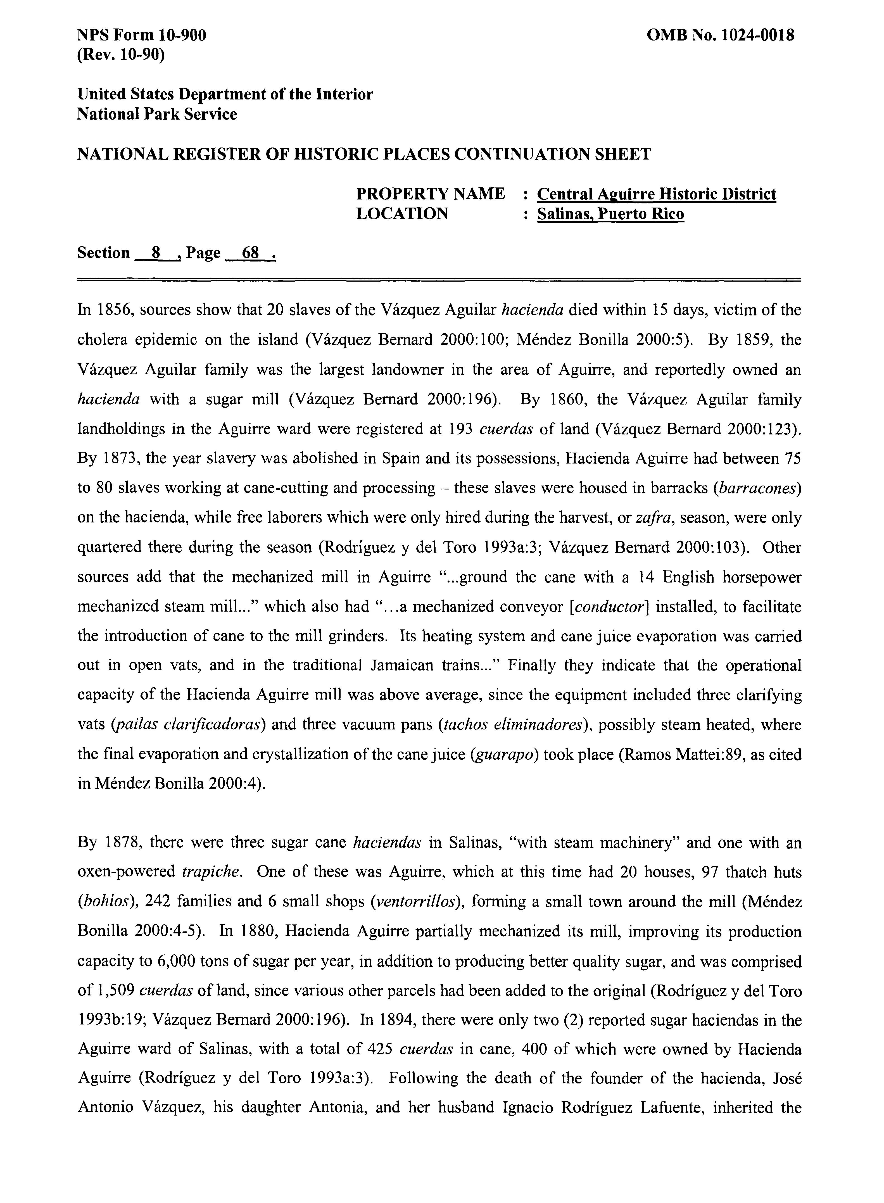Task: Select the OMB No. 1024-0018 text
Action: (720, 35)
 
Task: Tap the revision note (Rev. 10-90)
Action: (121, 54)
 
